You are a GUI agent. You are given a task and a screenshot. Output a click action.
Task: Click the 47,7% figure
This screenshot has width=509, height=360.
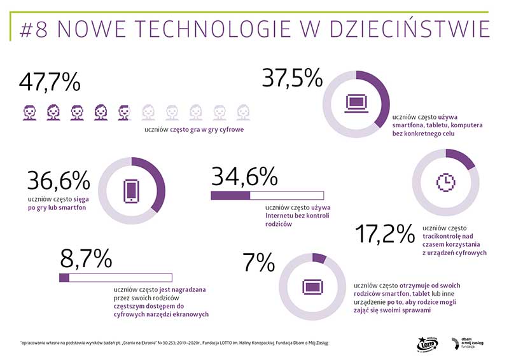click(50, 83)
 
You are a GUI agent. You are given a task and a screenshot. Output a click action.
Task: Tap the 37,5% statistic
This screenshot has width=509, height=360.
click(293, 78)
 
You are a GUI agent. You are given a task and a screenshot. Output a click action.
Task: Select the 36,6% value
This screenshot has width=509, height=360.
click(59, 181)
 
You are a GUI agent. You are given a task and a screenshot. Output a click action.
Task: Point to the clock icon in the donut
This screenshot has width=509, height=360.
click(445, 181)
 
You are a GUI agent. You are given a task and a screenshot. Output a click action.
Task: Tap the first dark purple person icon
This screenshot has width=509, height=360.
click(29, 113)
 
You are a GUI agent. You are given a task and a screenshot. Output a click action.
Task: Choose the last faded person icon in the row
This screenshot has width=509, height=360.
click(242, 113)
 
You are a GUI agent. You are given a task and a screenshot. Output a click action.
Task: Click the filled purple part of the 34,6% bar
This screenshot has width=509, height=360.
click(230, 195)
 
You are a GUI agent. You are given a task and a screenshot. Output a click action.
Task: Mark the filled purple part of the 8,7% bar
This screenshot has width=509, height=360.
click(64, 277)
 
